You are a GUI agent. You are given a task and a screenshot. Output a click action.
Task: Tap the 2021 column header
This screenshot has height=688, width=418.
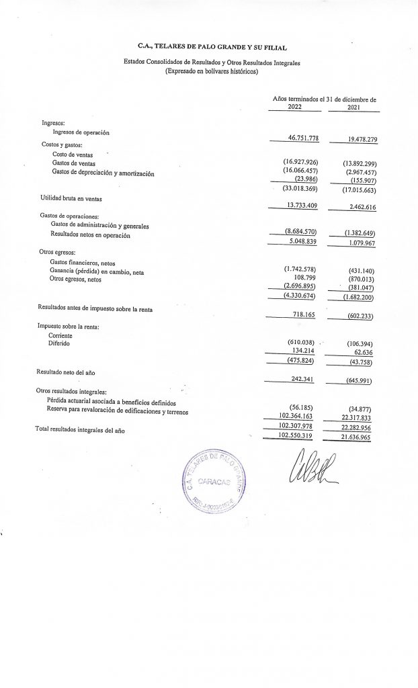[354, 107]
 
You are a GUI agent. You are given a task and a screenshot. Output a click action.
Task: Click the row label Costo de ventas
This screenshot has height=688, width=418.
[72, 155]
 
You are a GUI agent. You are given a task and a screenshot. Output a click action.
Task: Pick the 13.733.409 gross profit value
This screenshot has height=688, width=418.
[298, 204]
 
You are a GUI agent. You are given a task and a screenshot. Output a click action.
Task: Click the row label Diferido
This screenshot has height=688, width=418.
[60, 342]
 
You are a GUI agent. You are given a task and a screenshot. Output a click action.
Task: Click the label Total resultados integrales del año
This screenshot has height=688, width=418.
[80, 429]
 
